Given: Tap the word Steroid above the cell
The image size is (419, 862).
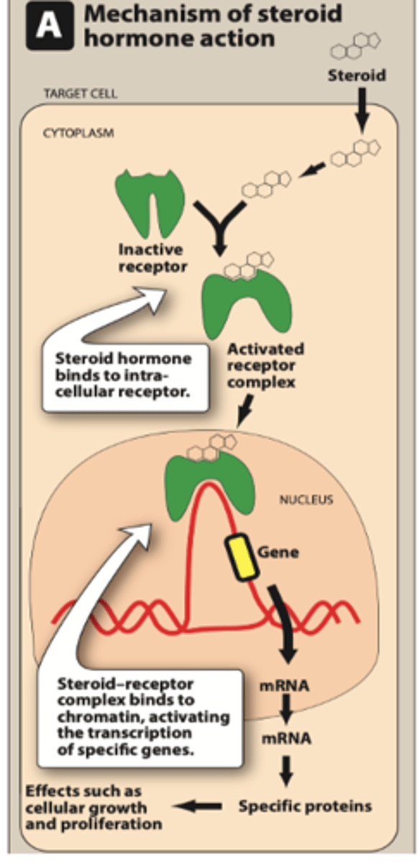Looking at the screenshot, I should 356,74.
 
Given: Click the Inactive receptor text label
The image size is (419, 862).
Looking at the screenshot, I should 151,259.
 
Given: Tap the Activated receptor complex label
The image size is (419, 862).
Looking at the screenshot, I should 265,366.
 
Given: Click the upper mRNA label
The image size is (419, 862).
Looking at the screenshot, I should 285,685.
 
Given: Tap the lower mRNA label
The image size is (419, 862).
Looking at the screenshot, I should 285,738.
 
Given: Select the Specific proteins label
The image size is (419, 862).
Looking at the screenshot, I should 305,805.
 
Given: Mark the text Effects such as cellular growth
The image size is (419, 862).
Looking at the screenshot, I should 86,806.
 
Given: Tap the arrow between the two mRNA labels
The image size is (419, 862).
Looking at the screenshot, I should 285,711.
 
